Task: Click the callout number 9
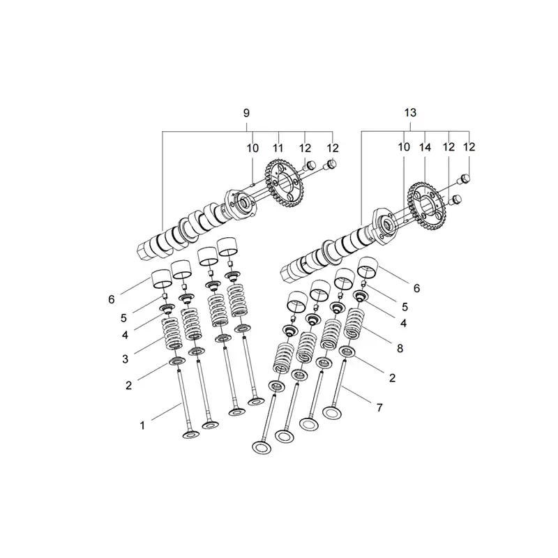pos(246,113)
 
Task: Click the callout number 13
pos(410,113)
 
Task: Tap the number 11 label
pos(278,148)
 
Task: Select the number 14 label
pos(425,147)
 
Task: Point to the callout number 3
pos(126,359)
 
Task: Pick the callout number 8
pos(400,348)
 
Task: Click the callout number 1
pos(142,425)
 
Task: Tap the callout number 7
pos(379,407)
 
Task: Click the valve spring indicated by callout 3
pos(172,333)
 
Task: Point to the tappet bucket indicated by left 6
pos(162,279)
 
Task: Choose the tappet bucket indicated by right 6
pos(368,267)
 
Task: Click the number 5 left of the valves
pos(123,318)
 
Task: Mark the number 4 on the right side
pos(403,323)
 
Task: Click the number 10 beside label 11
pos(252,148)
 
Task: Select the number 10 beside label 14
pos(404,147)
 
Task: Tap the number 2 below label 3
pos(128,386)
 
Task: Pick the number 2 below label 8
pos(392,377)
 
